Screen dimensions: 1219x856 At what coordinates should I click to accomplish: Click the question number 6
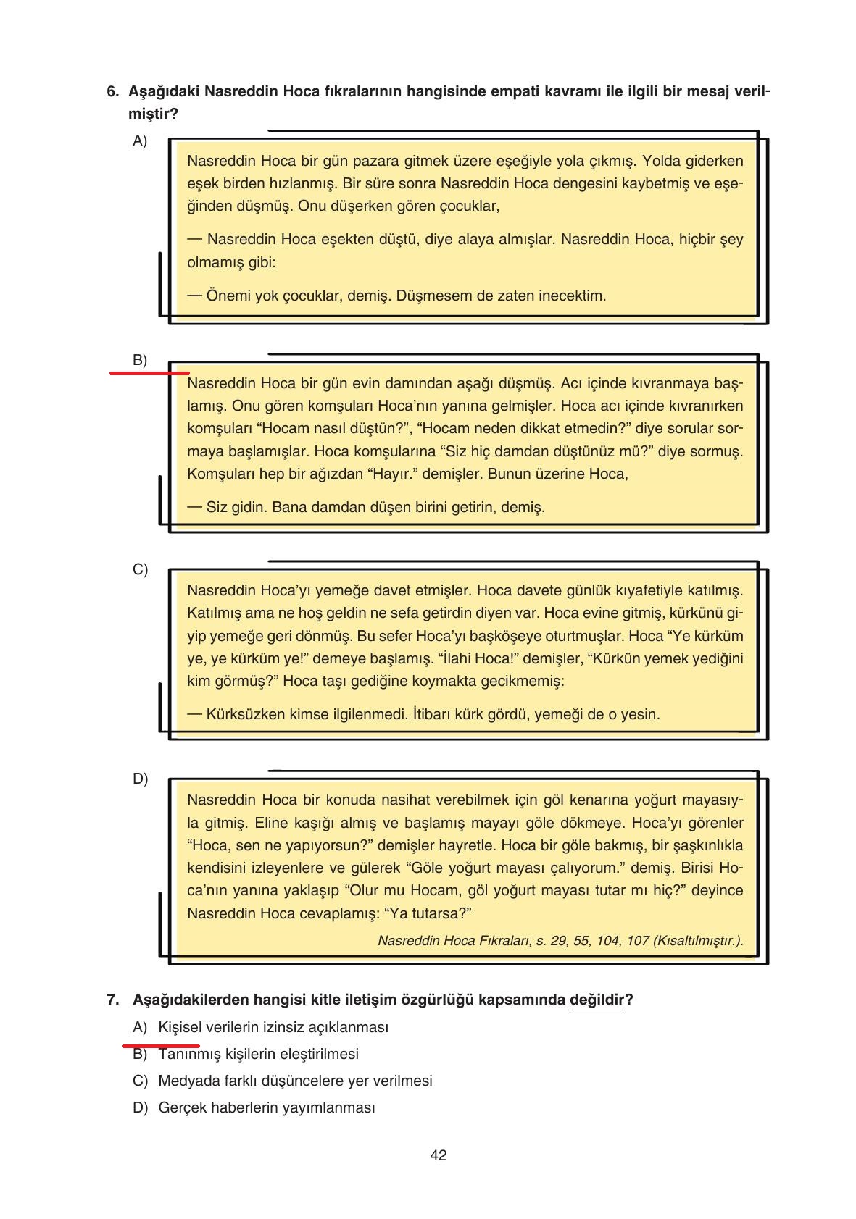pos(112,92)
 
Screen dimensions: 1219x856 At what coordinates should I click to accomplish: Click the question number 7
pos(112,1000)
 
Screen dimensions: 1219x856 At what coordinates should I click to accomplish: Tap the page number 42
pos(439,1155)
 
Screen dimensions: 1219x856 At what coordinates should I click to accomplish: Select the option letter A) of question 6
pos(140,141)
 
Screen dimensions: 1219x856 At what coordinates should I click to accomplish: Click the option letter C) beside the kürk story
pos(140,569)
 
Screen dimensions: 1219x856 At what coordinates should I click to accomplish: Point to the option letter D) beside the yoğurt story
pos(140,779)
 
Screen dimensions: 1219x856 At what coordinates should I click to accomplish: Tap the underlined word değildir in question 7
pos(597,1000)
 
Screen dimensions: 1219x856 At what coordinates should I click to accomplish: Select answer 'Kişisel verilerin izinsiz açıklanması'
pos(273,1028)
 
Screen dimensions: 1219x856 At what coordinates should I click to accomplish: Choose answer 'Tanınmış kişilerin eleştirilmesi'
pos(258,1055)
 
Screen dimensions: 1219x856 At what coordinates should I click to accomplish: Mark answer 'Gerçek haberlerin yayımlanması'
pos(267,1108)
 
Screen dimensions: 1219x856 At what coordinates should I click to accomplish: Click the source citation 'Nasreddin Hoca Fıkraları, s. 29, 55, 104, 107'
pos(560,941)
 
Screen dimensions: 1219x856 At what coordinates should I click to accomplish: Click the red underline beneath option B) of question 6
pos(149,373)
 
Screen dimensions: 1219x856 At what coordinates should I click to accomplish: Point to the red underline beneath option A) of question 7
pos(161,1046)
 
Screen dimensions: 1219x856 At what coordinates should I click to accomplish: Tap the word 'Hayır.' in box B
pos(392,474)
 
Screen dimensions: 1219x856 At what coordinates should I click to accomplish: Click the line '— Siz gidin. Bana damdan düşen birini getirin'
pos(366,508)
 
